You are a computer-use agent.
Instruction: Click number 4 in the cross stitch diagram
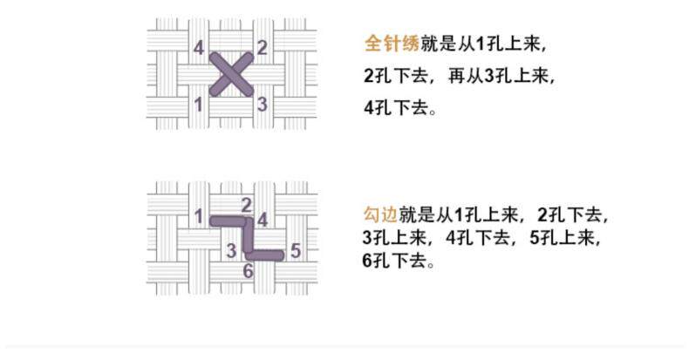[199, 48]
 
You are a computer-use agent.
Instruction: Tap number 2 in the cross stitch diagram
[262, 48]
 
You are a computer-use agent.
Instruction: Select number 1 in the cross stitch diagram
[199, 105]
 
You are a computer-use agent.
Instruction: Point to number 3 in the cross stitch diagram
[262, 105]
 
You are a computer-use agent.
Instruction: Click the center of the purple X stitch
[231, 75]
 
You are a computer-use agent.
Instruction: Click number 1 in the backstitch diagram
[199, 215]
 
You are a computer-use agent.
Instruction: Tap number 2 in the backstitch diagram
[247, 205]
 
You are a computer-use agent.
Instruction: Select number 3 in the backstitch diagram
[231, 252]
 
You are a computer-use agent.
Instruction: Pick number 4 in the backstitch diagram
[263, 220]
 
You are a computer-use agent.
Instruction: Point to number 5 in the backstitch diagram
[296, 252]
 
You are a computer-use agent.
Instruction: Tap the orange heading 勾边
[380, 214]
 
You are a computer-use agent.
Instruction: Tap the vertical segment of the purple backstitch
[247, 237]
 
